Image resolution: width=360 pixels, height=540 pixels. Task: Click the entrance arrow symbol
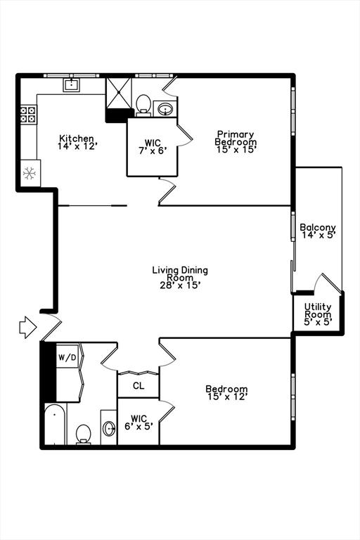(x=28, y=327)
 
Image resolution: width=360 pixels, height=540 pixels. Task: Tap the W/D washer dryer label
(x=67, y=357)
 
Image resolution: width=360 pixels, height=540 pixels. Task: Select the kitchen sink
(x=71, y=84)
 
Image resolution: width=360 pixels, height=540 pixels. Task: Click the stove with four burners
(x=28, y=115)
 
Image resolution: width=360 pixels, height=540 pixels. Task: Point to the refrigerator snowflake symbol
(x=30, y=173)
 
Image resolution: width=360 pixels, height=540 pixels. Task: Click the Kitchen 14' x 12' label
(x=77, y=142)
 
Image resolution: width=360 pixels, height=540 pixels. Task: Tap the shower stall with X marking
(x=119, y=93)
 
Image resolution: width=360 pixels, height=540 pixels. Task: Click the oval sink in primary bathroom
(x=166, y=110)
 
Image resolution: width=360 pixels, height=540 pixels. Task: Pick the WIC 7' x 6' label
(x=153, y=146)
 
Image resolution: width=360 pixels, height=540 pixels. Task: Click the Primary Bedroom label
(x=236, y=141)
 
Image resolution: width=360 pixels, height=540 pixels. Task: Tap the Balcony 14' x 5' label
(x=318, y=231)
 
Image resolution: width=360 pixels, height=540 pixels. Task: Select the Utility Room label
(x=318, y=314)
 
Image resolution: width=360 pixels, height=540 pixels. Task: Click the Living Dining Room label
(x=180, y=278)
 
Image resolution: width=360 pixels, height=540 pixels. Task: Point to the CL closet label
(x=139, y=386)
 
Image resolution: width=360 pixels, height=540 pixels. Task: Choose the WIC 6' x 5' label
(x=139, y=423)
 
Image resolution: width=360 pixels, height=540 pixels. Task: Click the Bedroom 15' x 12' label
(x=226, y=393)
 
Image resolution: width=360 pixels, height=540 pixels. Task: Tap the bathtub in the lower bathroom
(x=55, y=424)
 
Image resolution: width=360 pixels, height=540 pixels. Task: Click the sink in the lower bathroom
(x=109, y=428)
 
